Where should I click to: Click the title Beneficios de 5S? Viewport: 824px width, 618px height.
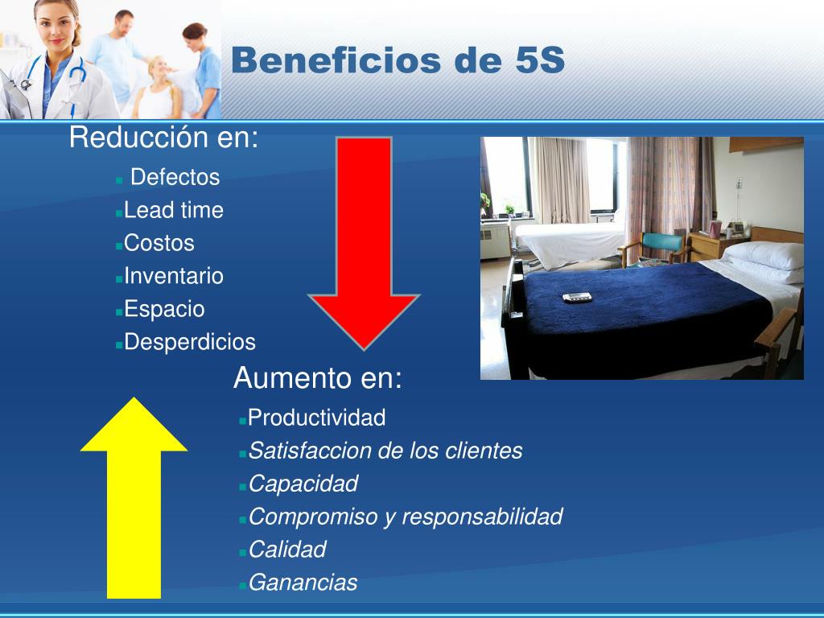398,60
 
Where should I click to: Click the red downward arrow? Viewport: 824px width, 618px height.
364,241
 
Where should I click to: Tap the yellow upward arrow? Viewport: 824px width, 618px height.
134,499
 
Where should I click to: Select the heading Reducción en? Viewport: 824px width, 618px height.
164,138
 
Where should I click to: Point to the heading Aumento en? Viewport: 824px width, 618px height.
318,378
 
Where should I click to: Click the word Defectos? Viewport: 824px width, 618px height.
175,177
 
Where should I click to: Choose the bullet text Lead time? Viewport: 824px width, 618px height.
174,211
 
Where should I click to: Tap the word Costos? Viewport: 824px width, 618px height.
159,243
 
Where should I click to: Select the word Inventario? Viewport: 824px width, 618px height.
174,276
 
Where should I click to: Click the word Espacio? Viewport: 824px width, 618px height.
164,309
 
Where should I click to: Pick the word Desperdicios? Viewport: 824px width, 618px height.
190,342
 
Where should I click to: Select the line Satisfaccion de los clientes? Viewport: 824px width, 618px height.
385,451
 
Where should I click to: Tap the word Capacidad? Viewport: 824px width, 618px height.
303,484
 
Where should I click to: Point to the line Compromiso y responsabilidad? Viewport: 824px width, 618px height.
406,517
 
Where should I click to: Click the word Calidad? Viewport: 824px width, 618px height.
287,550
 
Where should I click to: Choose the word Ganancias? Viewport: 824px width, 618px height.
303,583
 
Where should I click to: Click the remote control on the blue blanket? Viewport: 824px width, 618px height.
577,297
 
